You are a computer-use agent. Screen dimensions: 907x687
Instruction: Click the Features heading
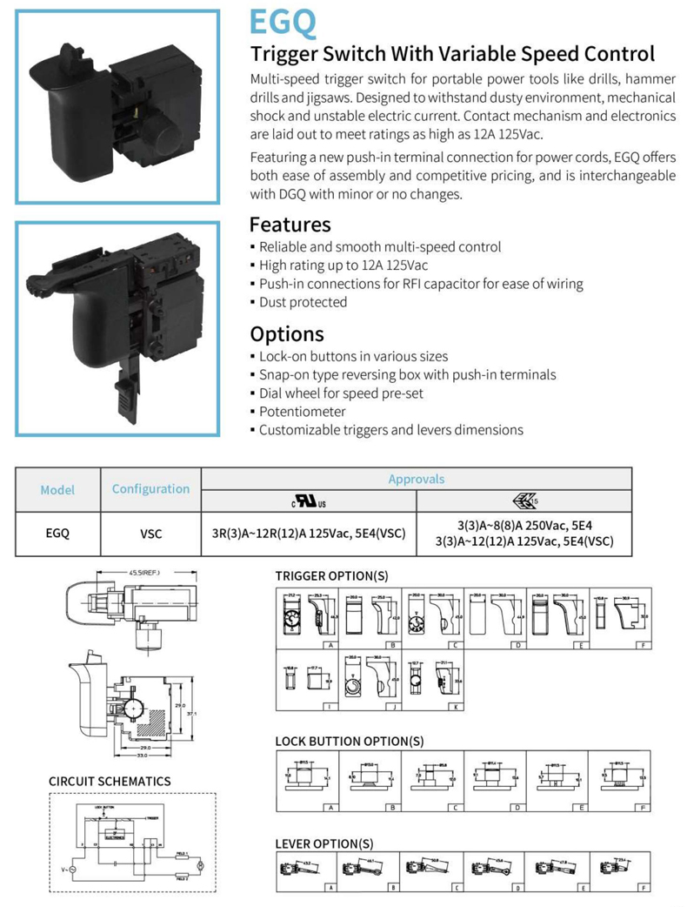click(x=290, y=225)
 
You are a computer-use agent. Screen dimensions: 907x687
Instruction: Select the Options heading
click(x=286, y=333)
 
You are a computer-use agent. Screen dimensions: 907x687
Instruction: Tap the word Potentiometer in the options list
click(x=302, y=411)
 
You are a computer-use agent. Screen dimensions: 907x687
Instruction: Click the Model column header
click(x=57, y=490)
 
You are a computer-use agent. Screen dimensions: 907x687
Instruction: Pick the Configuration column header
click(x=150, y=489)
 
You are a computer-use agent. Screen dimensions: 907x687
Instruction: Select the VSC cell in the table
click(x=150, y=534)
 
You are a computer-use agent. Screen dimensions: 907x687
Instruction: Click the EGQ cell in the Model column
click(x=57, y=534)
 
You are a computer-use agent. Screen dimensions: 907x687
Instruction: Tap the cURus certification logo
click(x=309, y=501)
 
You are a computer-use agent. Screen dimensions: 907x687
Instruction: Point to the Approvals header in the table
click(x=416, y=479)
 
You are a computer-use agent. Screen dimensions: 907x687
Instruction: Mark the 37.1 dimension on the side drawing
click(x=203, y=712)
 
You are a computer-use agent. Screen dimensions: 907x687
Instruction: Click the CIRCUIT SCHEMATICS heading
click(x=110, y=782)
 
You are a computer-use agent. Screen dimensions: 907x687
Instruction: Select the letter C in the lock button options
click(x=456, y=808)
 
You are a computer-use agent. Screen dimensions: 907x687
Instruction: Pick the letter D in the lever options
click(x=517, y=888)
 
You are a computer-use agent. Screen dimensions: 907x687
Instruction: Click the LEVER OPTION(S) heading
click(x=329, y=843)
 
